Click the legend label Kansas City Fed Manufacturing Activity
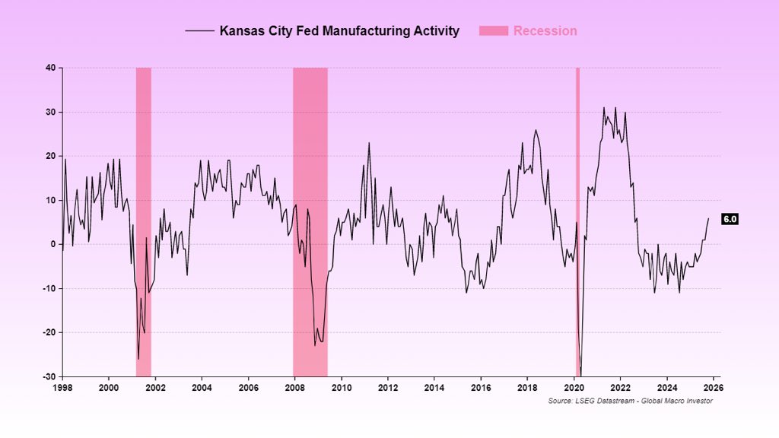(x=339, y=31)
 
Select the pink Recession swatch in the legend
(x=493, y=31)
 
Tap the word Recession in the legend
(x=545, y=31)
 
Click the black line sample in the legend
(x=199, y=31)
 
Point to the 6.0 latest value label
(x=730, y=219)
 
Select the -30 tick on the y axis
(x=47, y=376)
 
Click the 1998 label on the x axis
(x=62, y=387)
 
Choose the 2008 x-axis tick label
(x=295, y=387)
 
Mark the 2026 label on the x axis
(x=714, y=387)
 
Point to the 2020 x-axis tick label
(x=574, y=387)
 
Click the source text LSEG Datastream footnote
(x=630, y=401)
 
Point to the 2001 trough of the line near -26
(x=138, y=359)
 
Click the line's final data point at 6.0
(x=708, y=218)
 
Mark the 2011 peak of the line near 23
(x=369, y=143)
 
